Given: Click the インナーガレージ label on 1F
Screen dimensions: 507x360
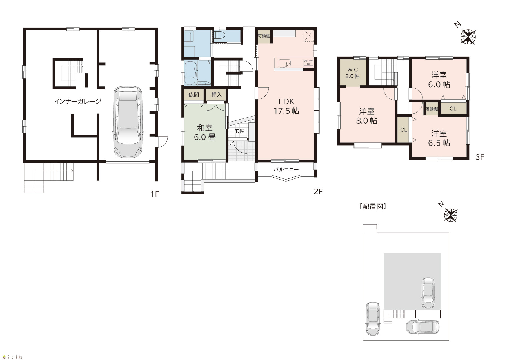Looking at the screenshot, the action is pyautogui.click(x=78, y=101).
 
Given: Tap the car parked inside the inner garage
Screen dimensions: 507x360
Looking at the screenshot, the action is pyautogui.click(x=128, y=122).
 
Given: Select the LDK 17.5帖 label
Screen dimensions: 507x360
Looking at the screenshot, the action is pyautogui.click(x=286, y=106).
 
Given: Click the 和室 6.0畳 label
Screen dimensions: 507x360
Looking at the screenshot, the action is pyautogui.click(x=205, y=133).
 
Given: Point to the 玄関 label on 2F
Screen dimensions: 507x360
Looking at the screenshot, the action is pyautogui.click(x=240, y=131).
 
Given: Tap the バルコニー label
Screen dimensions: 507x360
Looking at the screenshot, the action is pyautogui.click(x=286, y=170).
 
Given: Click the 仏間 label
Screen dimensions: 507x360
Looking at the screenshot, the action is pyautogui.click(x=194, y=95).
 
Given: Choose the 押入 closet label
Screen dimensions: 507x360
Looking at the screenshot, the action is pyautogui.click(x=216, y=95).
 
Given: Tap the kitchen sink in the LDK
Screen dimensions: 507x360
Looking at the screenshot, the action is pyautogui.click(x=285, y=63).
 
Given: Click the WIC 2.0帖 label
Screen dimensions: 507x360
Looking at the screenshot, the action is pyautogui.click(x=352, y=73).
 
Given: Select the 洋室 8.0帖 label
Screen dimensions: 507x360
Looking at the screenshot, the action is pyautogui.click(x=366, y=116).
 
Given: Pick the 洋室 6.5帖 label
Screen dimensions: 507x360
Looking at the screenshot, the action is pyautogui.click(x=439, y=138).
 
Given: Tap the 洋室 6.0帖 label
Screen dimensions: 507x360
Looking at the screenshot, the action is pyautogui.click(x=439, y=80).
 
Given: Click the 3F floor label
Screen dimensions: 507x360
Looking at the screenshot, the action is pyautogui.click(x=480, y=157).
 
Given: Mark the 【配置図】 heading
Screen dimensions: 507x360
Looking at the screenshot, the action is pyautogui.click(x=373, y=207).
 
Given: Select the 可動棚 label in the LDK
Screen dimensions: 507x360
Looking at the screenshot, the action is pyautogui.click(x=264, y=36).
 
